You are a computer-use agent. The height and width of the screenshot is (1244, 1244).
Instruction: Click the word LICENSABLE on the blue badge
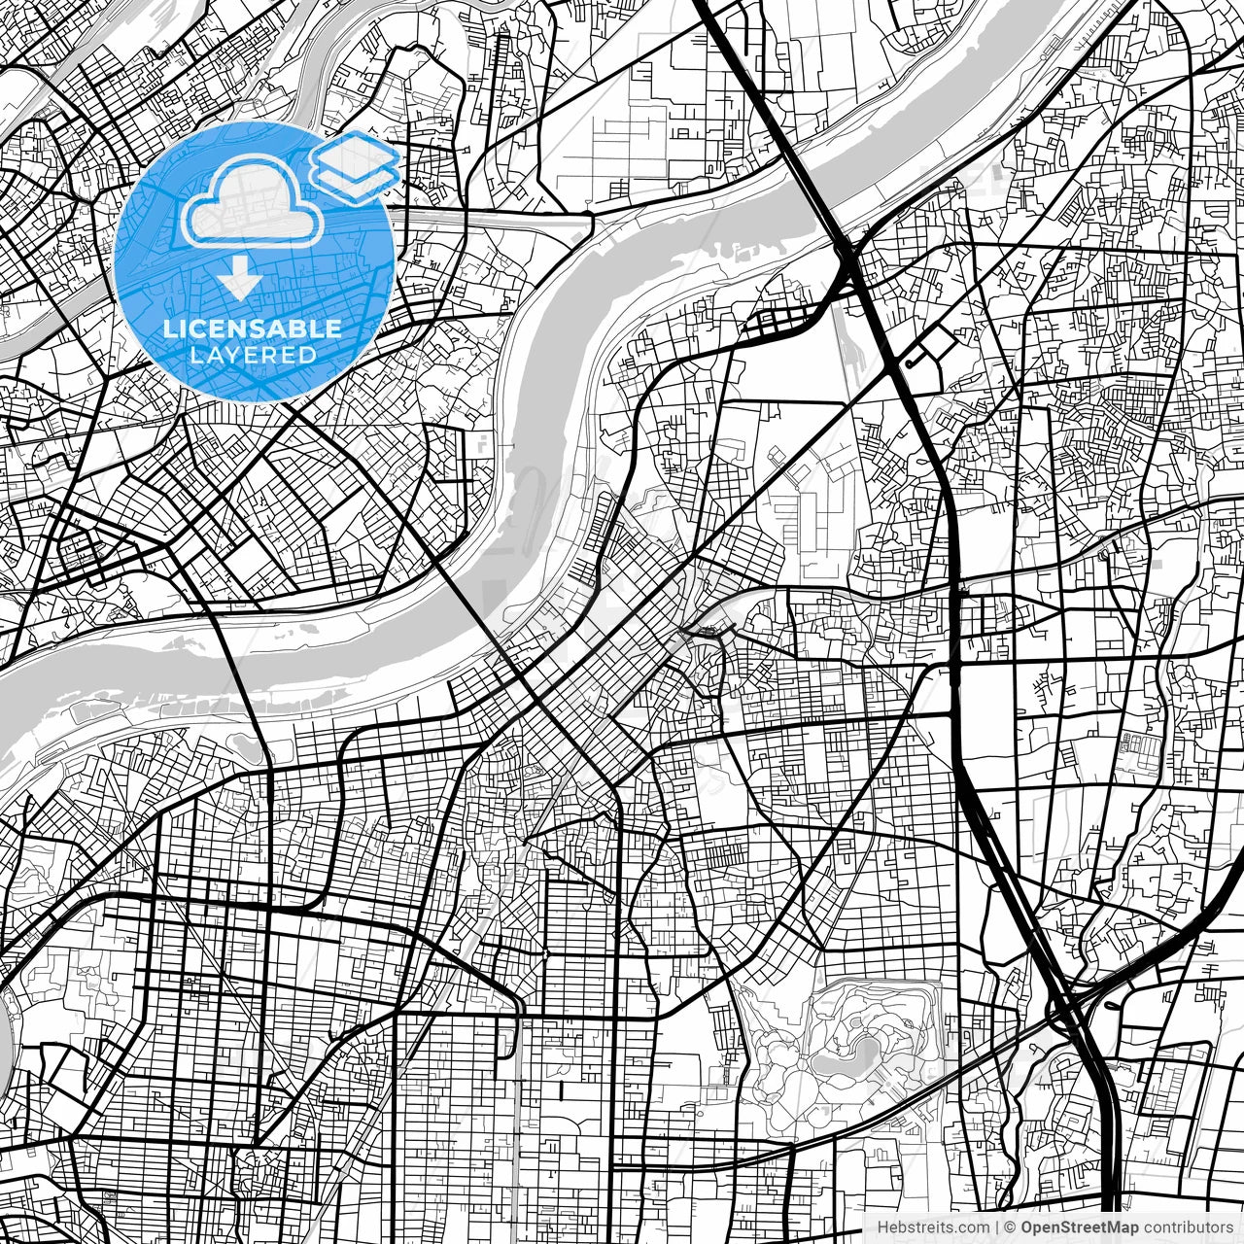253,328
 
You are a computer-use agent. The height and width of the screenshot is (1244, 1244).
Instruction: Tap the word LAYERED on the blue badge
253,355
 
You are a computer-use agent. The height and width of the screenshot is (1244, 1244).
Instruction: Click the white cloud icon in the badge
254,201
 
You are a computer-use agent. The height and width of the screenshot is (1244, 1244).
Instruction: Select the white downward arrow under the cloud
239,280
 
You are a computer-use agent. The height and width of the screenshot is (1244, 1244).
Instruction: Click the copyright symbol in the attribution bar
1011,1227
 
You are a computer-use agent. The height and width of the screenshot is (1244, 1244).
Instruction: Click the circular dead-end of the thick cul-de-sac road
908,363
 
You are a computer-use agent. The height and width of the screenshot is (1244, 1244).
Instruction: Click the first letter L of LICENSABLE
170,328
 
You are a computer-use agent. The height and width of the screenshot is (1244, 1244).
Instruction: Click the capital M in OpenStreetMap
1108,1227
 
